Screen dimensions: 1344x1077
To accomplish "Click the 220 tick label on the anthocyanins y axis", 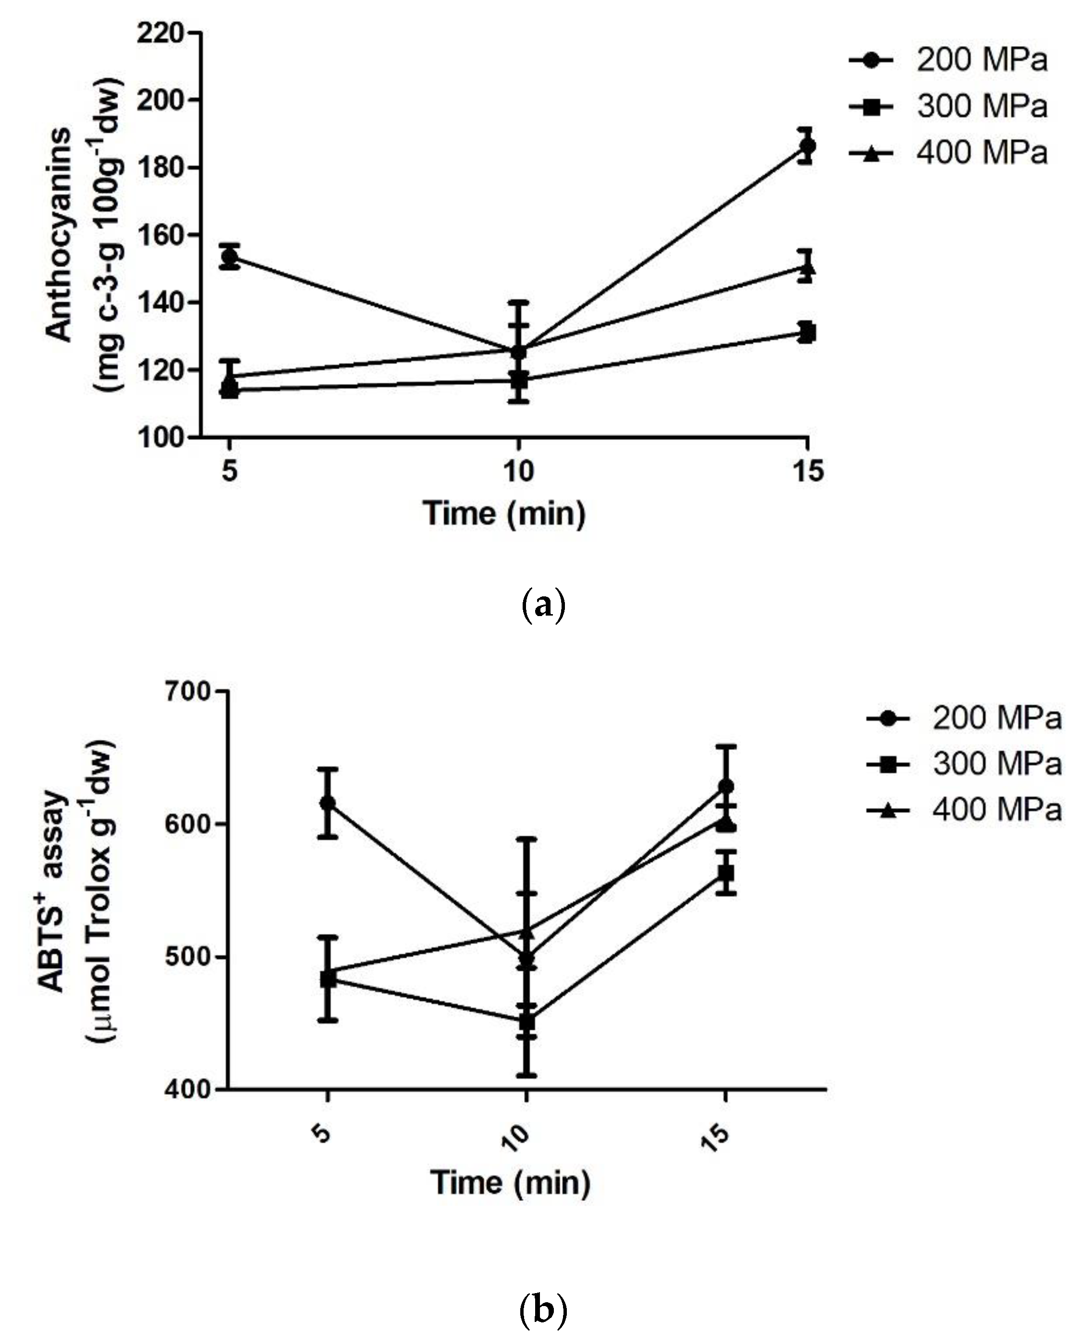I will pyautogui.click(x=160, y=33).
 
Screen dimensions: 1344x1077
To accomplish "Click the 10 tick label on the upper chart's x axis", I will pyautogui.click(x=518, y=471).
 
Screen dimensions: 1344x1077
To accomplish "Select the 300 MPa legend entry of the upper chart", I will pyautogui.click(x=948, y=107).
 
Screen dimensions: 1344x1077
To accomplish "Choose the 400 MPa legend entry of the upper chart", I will pyautogui.click(x=948, y=153).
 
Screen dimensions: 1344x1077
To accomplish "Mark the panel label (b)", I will pyautogui.click(x=542, y=1308).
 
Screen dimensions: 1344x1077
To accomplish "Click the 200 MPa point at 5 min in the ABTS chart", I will pyautogui.click(x=328, y=803).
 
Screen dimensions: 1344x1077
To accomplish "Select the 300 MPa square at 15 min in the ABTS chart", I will pyautogui.click(x=725, y=873).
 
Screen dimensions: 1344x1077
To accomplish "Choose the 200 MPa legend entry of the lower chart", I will pyautogui.click(x=964, y=718).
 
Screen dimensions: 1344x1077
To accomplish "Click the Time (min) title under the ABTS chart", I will pyautogui.click(x=510, y=1183).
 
